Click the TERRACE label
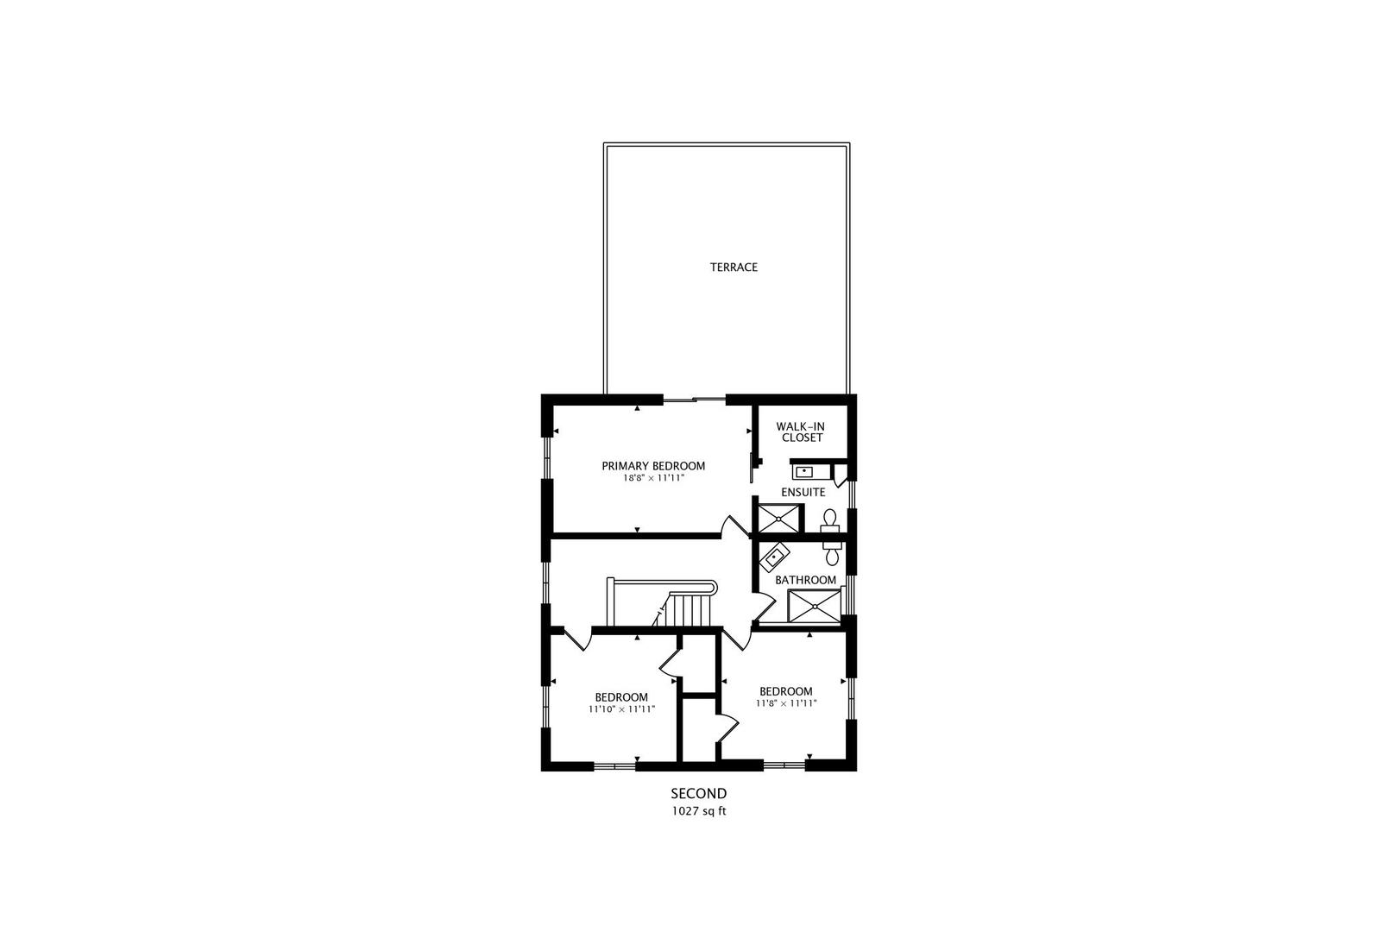click(734, 268)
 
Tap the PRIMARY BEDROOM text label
click(653, 466)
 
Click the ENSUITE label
click(803, 492)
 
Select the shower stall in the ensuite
click(780, 519)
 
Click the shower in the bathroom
click(814, 606)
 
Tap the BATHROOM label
click(805, 580)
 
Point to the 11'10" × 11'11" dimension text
click(621, 709)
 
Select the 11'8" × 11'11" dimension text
click(785, 703)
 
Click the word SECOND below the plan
click(699, 793)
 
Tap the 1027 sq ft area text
click(699, 811)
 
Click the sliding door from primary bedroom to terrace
click(695, 400)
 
